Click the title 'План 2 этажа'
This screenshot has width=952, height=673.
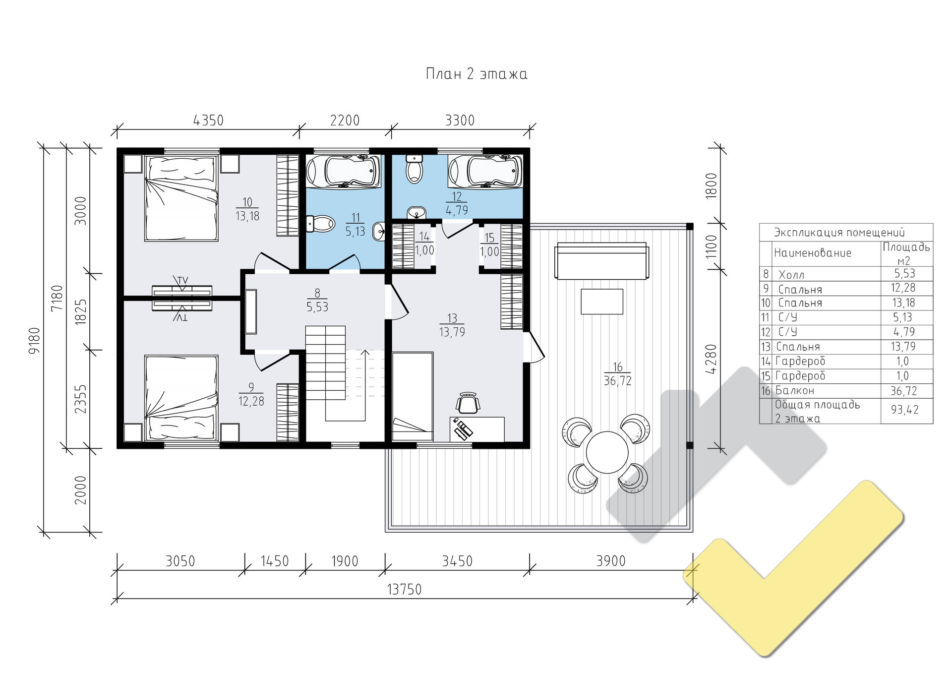(476, 74)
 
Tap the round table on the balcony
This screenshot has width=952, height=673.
(607, 452)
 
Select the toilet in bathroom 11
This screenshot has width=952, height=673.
(320, 224)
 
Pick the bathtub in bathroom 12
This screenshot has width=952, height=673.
(485, 172)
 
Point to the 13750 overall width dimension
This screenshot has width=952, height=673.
(404, 589)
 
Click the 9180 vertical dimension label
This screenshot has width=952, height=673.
(34, 340)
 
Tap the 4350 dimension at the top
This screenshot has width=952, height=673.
(208, 121)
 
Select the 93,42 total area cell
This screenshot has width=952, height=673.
(905, 410)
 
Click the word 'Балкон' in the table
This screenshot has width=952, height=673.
(795, 391)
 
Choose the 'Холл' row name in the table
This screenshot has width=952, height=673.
(791, 275)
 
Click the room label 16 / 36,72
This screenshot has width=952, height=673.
(617, 374)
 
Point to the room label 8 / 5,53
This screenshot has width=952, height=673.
(317, 301)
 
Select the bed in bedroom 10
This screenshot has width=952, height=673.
(181, 198)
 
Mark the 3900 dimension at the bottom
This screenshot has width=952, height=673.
(611, 561)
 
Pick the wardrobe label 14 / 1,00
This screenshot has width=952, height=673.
(424, 244)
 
